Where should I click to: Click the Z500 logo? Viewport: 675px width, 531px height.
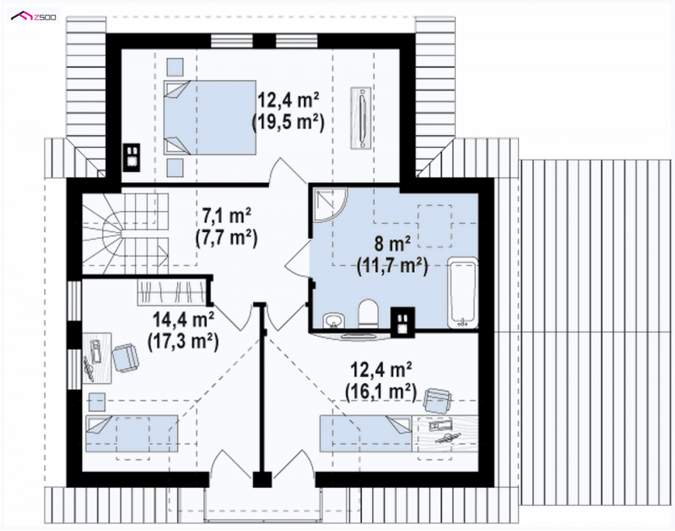point(33,16)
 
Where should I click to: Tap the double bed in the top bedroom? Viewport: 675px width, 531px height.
point(209,117)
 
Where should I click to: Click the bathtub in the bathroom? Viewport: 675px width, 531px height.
point(462,293)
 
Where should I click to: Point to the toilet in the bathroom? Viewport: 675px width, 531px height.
point(368,313)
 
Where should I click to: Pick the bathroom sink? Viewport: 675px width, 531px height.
point(334,321)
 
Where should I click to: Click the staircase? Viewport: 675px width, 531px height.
point(125,233)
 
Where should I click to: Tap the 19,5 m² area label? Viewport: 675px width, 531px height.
point(288,122)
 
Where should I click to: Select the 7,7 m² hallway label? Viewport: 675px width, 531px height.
point(226,238)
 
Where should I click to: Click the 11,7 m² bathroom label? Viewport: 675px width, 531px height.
point(392,267)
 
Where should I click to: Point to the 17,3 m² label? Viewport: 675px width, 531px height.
point(183,342)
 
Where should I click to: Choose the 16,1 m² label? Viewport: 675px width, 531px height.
point(381,393)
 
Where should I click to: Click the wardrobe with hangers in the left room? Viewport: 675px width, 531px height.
point(172,293)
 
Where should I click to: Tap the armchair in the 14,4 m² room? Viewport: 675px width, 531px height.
point(125,357)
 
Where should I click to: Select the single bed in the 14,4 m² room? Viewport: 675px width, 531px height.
point(132,433)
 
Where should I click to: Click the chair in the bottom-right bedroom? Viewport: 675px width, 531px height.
point(439,400)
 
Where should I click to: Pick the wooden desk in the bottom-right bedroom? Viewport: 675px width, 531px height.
point(445,433)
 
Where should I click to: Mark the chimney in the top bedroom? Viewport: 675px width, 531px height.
point(132,157)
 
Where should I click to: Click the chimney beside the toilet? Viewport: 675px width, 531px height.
point(402,322)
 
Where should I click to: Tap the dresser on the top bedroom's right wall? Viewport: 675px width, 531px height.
point(361,118)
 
